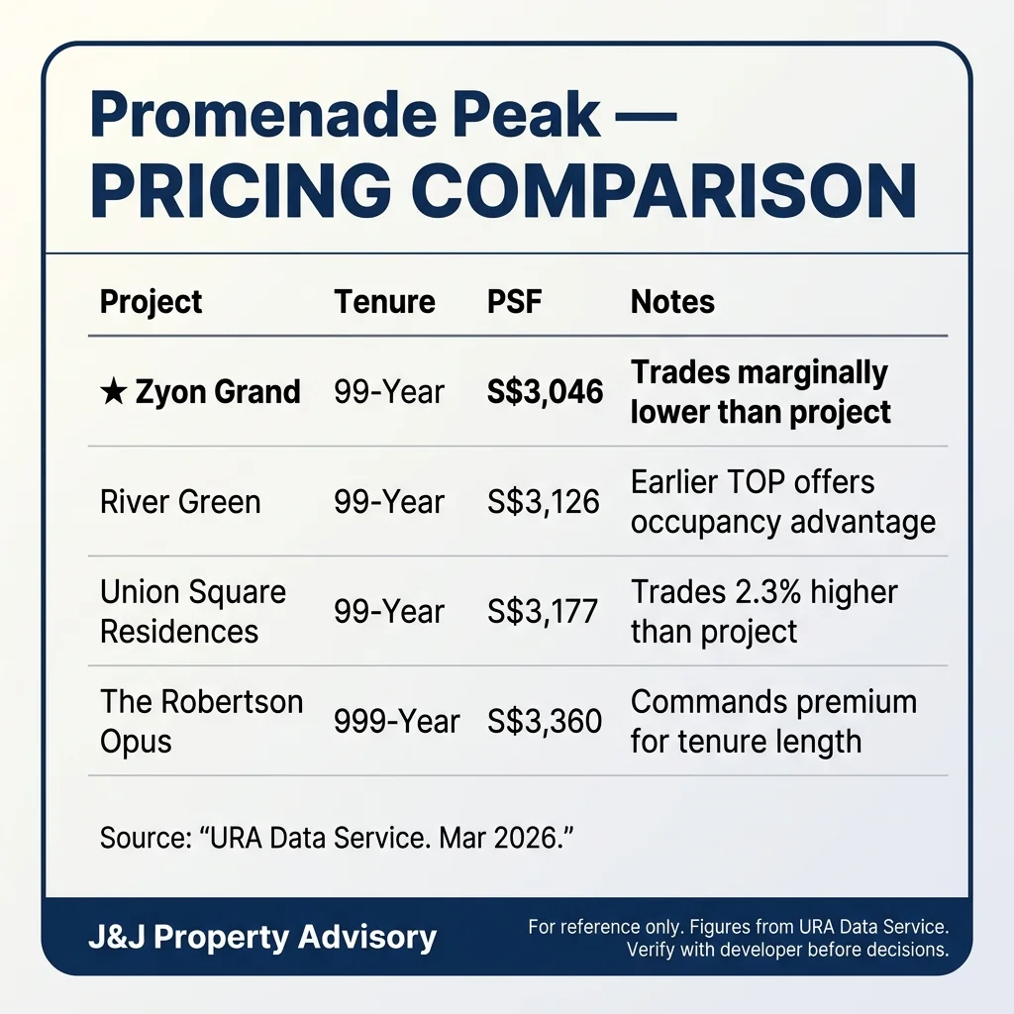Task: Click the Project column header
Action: pos(151,302)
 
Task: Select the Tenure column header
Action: pos(384,302)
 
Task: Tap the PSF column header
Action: pos(515,302)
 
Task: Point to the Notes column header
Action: pos(672,302)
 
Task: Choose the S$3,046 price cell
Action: pos(545,392)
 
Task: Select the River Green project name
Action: pos(180,502)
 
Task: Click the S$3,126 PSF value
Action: pos(544,502)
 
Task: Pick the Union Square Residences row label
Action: pos(193,611)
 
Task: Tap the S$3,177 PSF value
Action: pos(543,611)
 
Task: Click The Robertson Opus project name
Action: pos(201,721)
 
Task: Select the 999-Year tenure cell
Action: pos(397,721)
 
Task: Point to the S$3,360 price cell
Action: pos(545,721)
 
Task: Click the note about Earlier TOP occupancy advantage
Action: pos(782,502)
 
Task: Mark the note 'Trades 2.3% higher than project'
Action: pos(763,611)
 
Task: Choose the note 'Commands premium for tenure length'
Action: pos(773,721)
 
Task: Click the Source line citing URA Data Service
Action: pos(338,838)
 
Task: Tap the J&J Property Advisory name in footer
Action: pos(262,937)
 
